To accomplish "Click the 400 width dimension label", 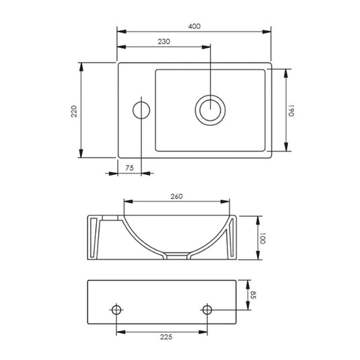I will (194, 26).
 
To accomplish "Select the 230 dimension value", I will (164, 42).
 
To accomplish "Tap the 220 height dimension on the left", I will (75, 111).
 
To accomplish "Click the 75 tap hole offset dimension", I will (130, 168).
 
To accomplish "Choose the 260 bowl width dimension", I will (177, 196).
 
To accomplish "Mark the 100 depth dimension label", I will (263, 238).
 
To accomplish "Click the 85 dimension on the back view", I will (254, 294).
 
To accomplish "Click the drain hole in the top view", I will (211, 110).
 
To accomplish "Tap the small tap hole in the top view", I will (141, 110).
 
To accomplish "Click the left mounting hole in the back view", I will (117, 310).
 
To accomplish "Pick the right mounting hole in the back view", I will (207, 310).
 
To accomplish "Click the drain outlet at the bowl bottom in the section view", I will (177, 256).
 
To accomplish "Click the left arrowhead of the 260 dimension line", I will (126, 201).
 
